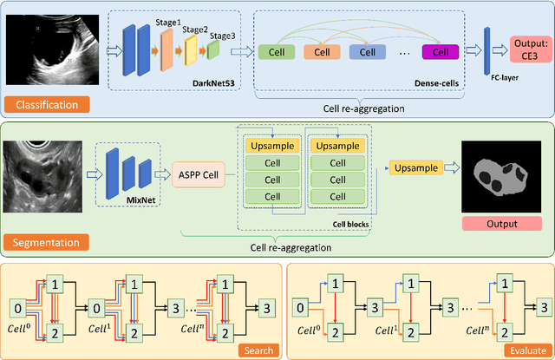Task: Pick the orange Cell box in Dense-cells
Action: pyautogui.click(x=322, y=52)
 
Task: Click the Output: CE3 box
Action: pyautogui.click(x=523, y=49)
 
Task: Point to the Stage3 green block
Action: pyautogui.click(x=213, y=52)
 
